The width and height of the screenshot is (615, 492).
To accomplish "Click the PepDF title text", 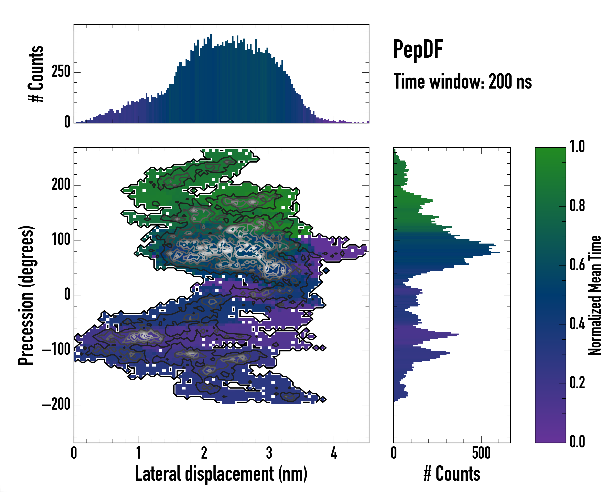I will point(418,50).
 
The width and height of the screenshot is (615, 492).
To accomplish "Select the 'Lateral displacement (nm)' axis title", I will point(221,474).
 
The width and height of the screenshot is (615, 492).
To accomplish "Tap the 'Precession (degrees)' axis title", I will point(26,295).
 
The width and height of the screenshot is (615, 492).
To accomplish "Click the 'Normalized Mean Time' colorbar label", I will point(595,295).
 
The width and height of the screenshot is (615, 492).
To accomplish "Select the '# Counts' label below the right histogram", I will point(452,474).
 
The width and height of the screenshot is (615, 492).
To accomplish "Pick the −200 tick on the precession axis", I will point(56,405).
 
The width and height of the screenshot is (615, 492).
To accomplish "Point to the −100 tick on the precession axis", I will point(56,350).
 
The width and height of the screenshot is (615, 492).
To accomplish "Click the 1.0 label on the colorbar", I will point(577,147).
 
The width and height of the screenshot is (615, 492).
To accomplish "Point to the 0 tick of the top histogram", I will point(67,122).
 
